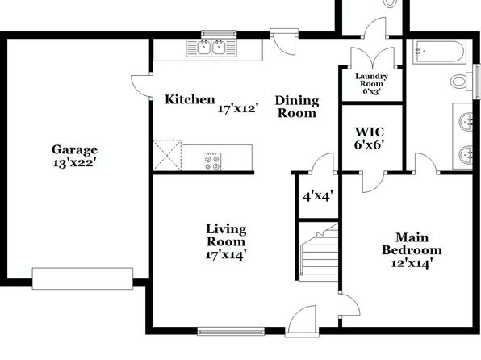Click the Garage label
pos(74,150)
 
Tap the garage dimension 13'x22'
pos(74,163)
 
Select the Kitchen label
pos(190,99)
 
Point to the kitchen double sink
pos(211,48)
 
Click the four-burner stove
pos(212,161)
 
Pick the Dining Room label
pos(297,107)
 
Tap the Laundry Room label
pos(371,80)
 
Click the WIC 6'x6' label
pos(370,138)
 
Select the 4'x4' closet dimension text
pos(318,196)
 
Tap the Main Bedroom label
pos(412,244)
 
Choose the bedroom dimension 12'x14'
pos(412,263)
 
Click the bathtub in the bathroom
pos(439,52)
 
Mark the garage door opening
pos(82,278)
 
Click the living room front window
pos(231,332)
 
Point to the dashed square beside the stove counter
pos(167,155)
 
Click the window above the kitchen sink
pos(219,34)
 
